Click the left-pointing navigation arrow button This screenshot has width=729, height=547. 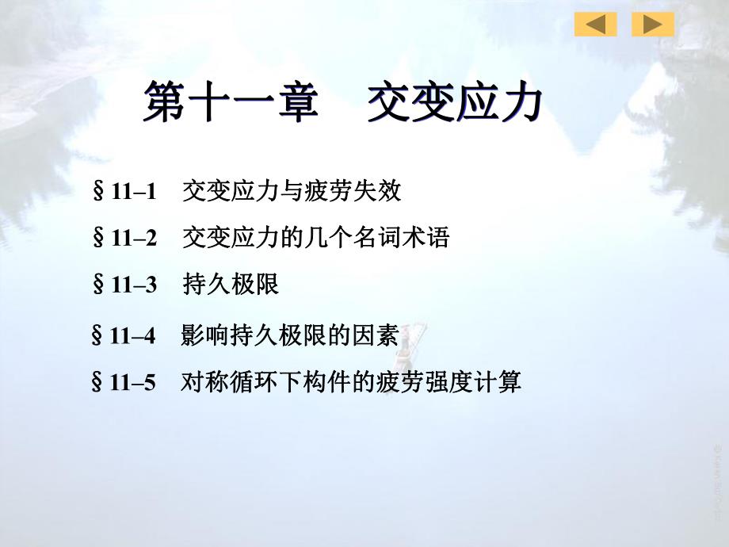(x=595, y=25)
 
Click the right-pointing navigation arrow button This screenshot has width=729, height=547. (x=653, y=25)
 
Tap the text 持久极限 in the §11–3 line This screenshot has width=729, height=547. (x=231, y=285)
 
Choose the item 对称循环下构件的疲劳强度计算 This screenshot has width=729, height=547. (x=351, y=384)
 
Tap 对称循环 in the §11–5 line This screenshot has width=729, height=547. (x=230, y=384)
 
